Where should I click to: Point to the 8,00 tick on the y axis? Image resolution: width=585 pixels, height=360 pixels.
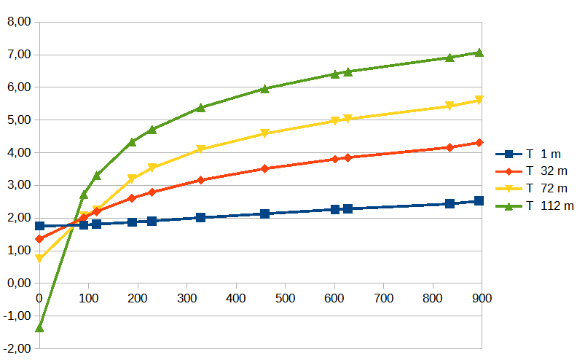tap(18, 22)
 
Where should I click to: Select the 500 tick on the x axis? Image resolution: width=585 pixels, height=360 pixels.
tap(285, 298)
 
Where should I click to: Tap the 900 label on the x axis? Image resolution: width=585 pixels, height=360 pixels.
tap(482, 298)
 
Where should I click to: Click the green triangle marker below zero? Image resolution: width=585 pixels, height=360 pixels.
tap(39, 327)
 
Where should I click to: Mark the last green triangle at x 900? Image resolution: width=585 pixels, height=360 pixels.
tap(479, 52)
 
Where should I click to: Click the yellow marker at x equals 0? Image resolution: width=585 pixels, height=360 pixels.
tap(39, 259)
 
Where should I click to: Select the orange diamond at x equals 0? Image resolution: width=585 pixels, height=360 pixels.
tap(39, 239)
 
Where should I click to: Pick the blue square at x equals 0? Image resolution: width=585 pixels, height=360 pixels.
tap(39, 226)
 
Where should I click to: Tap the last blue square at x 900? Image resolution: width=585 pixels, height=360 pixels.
tap(479, 200)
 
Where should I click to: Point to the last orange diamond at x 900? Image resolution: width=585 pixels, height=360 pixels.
tap(479, 143)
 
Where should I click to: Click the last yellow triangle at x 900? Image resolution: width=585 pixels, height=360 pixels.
tap(479, 101)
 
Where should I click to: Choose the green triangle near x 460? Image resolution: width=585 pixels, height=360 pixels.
tap(264, 89)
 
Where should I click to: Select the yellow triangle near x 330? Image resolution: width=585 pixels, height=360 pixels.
tap(200, 149)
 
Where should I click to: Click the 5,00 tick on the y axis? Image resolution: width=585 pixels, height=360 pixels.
tap(18, 120)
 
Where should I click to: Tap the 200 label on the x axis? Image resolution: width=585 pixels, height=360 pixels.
tap(138, 298)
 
